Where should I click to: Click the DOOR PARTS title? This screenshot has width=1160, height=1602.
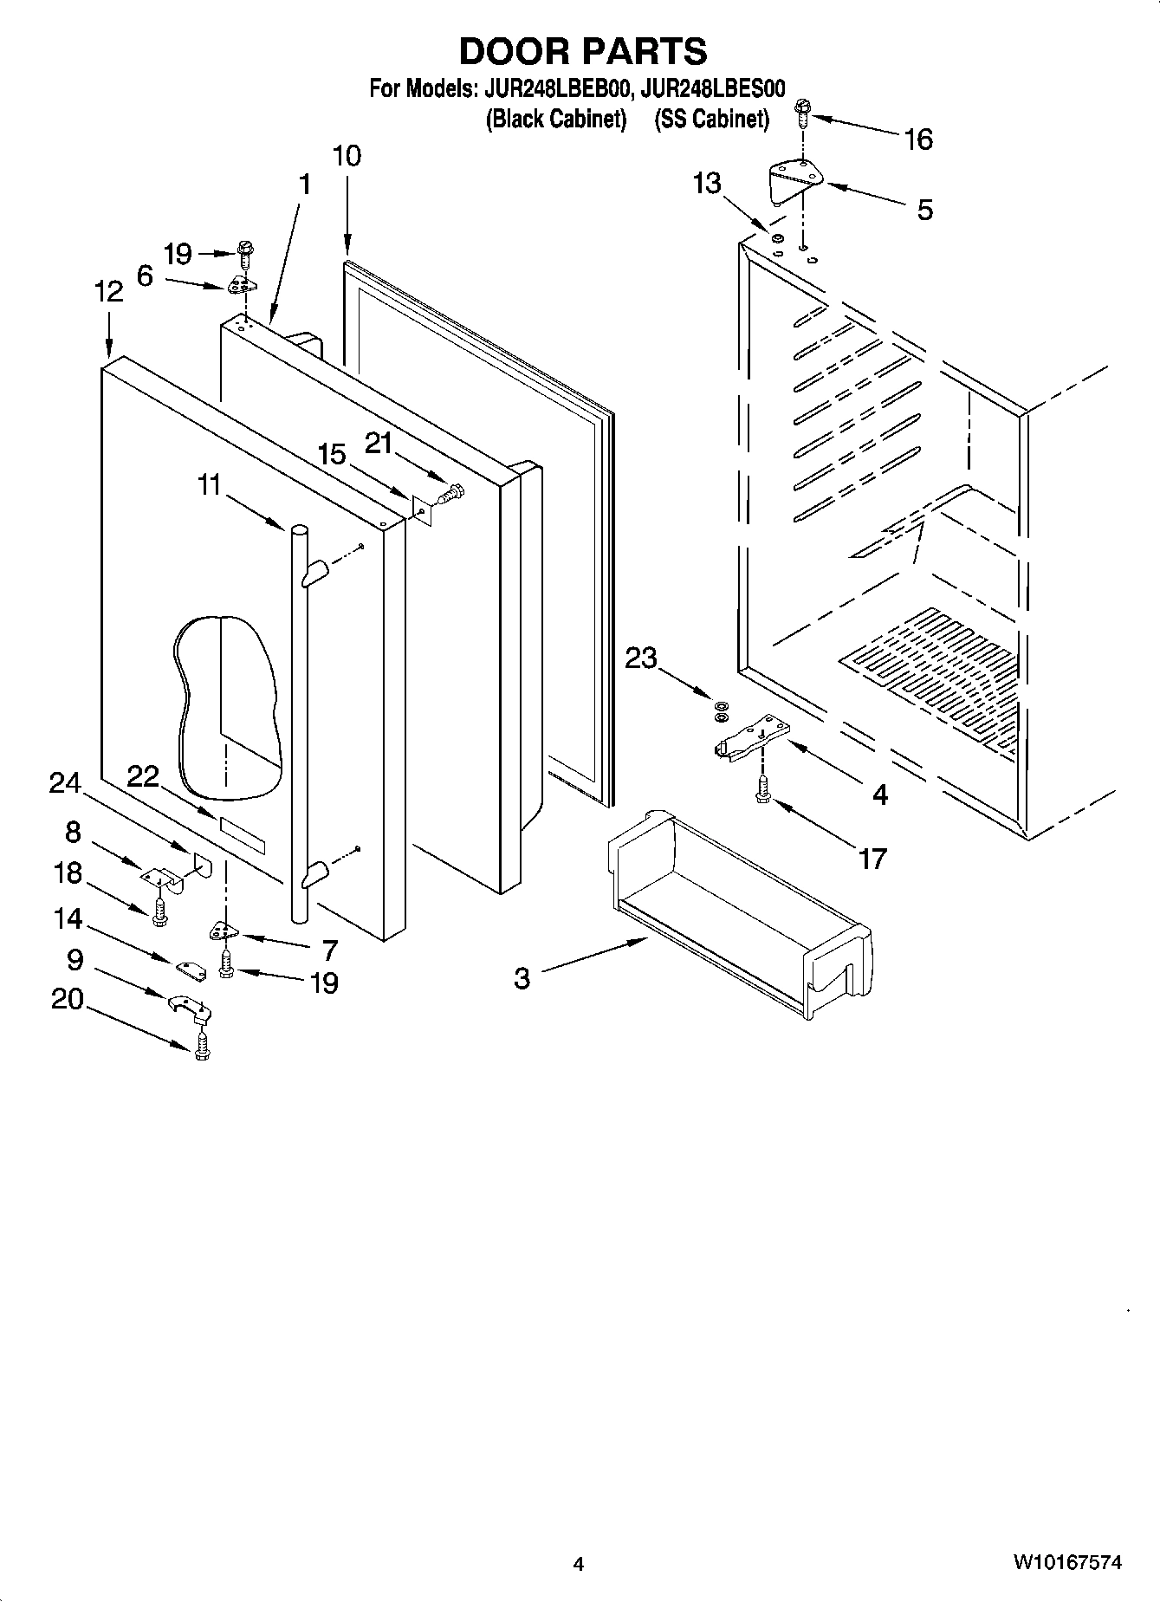tap(582, 52)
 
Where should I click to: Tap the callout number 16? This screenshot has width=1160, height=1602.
tap(918, 139)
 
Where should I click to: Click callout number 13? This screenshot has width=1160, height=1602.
tap(707, 184)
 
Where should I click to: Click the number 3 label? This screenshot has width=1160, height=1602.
tap(522, 978)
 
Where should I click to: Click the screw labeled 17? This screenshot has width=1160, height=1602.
tap(762, 786)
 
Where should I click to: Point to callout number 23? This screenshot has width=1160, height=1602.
tap(641, 658)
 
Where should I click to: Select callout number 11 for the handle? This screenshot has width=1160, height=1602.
tap(209, 485)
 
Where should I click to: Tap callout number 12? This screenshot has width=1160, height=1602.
tap(108, 292)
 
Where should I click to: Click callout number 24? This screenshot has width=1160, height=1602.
tap(64, 783)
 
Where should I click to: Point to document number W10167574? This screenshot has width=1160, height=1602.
tap(1067, 1563)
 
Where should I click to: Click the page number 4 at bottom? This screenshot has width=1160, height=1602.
tap(579, 1564)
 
